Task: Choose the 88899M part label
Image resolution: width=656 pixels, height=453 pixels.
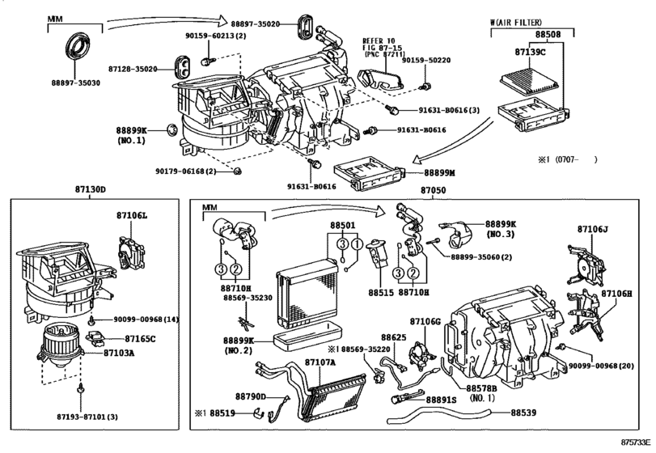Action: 441,173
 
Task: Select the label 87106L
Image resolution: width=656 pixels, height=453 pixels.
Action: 132,216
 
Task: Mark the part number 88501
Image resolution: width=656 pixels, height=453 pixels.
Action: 342,226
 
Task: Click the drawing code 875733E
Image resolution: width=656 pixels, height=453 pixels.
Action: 634,445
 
